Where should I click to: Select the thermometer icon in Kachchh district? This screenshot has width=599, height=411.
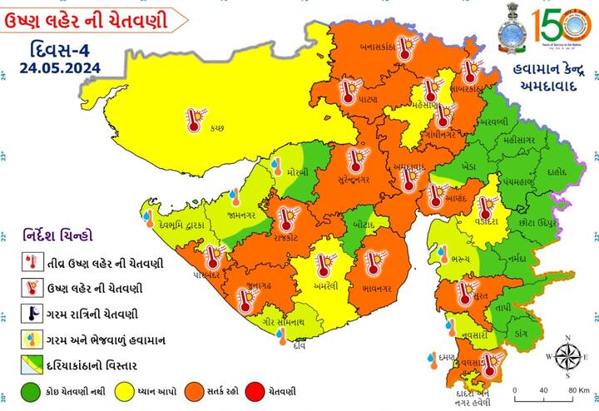click(194, 119)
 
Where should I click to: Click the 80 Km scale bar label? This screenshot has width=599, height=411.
click(577, 389)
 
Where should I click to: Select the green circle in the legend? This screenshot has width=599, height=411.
click(32, 390)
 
